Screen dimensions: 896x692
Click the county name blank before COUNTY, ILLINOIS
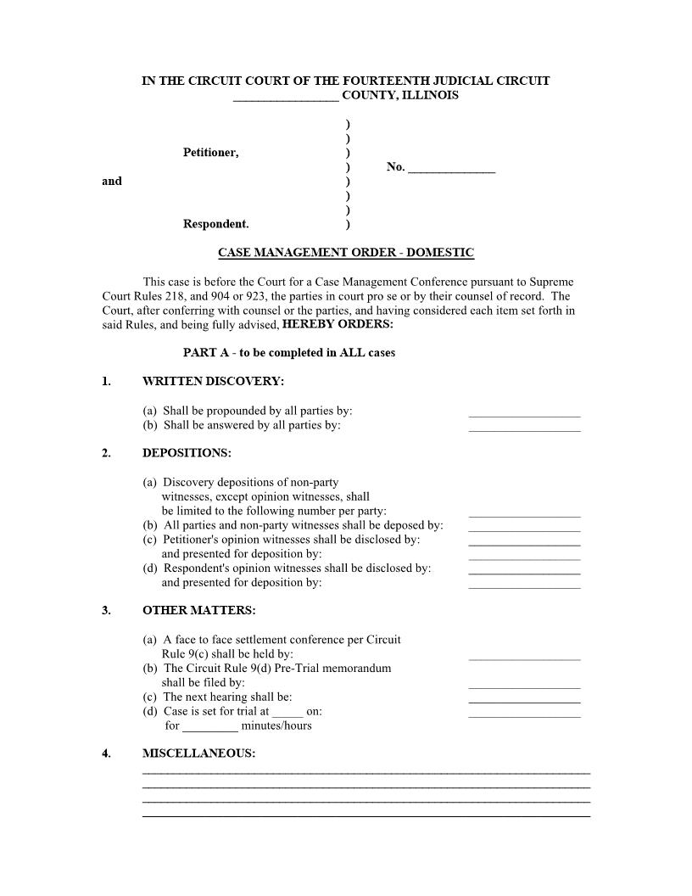coord(286,97)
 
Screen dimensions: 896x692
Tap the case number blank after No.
coord(451,168)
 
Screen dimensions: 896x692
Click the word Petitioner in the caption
coord(210,153)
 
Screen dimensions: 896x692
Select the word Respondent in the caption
coord(215,225)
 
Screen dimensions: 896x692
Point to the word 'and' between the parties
coord(112,181)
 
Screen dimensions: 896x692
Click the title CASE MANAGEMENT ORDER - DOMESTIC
coord(346,253)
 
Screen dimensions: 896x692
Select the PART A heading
coord(288,353)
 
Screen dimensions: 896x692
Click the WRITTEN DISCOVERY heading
coord(213,382)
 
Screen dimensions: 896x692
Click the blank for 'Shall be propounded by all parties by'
coord(524,412)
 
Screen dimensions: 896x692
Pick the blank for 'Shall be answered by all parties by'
coord(524,427)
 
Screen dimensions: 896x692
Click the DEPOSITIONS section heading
coord(187,453)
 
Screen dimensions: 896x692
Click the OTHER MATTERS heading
coord(198,611)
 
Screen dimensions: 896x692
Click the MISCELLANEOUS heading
coord(198,753)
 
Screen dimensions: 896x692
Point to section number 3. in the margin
coord(106,611)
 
